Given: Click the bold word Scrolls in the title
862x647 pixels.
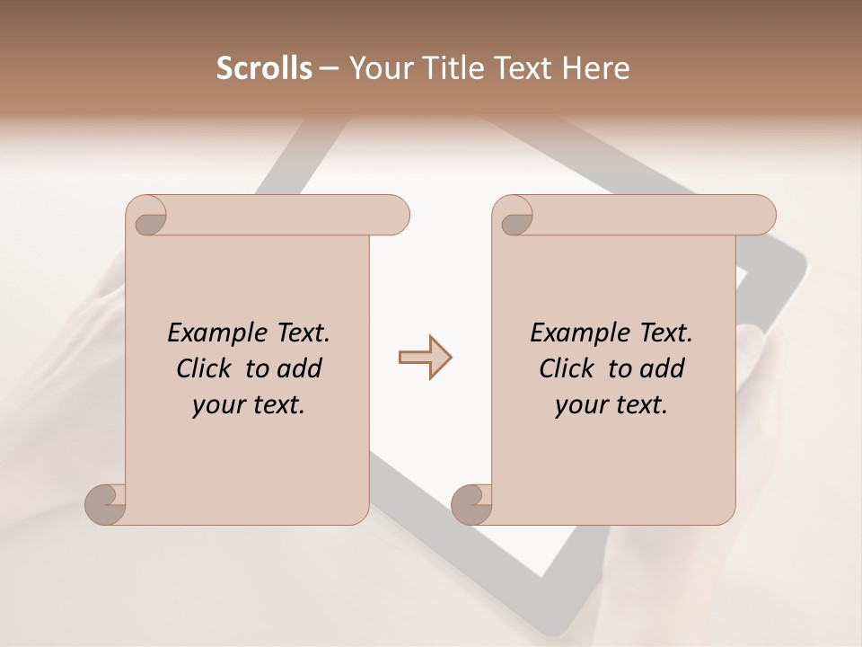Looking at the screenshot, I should (264, 68).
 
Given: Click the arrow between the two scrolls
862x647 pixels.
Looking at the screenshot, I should (425, 358).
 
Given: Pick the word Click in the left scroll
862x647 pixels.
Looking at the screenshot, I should (203, 368).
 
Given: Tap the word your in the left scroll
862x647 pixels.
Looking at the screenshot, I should (218, 405).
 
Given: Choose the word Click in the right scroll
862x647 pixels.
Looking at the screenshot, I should (566, 368).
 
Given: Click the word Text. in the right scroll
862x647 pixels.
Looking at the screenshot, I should (665, 332).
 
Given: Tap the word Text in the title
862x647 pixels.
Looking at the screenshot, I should (523, 68).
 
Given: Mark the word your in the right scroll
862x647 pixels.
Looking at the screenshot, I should (581, 405).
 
